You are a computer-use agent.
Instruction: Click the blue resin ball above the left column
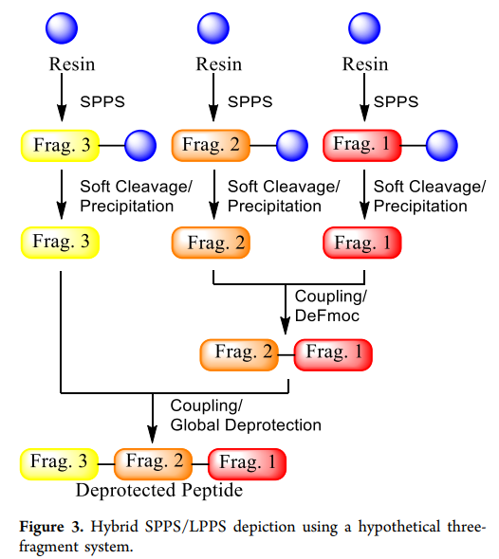pos(62,28)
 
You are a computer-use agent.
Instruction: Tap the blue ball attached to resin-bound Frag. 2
pos(292,146)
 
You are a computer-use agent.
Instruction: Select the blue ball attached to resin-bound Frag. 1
pos(442,146)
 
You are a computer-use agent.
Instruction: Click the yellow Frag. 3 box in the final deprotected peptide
pos(59,464)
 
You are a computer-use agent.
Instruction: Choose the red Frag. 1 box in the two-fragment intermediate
pos(333,354)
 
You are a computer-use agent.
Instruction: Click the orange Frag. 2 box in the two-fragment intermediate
pos(239,354)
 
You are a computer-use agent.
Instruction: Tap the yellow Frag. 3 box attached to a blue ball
pos(60,146)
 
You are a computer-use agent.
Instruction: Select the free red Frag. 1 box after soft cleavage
pos(362,243)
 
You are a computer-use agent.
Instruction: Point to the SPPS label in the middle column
pos(250,102)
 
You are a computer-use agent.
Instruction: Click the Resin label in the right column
pos(365,64)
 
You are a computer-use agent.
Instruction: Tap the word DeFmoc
pos(327,316)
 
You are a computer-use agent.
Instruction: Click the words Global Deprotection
pos(246,425)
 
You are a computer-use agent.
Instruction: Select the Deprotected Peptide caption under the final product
pos(159,490)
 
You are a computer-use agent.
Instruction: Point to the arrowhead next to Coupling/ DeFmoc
pos(286,326)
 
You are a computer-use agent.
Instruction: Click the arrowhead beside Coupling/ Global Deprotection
pos(153,435)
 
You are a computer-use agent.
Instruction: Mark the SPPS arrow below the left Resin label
pos(62,98)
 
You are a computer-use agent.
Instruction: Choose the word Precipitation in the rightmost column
pos(420,206)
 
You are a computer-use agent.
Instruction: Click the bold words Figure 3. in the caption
pos(51,527)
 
